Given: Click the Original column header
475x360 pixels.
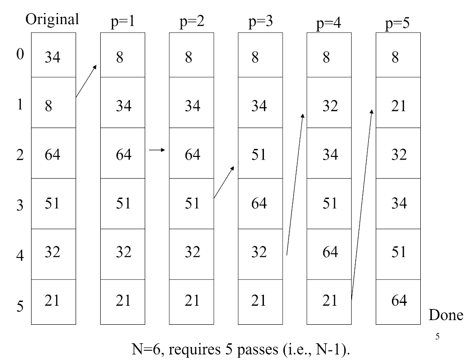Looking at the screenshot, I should (x=52, y=19).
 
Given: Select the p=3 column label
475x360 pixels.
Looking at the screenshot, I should (x=260, y=21).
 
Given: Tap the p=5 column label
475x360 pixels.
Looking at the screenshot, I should (x=398, y=23).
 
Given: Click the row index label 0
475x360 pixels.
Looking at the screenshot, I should (x=19, y=54).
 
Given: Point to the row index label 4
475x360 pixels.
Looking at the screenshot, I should (x=19, y=256).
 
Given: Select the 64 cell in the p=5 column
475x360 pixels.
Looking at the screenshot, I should (x=398, y=301).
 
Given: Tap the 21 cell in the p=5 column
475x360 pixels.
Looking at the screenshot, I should (x=398, y=106).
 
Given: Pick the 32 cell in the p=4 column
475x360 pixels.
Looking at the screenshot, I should (x=330, y=106).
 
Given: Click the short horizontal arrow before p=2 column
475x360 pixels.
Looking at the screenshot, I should (x=157, y=150).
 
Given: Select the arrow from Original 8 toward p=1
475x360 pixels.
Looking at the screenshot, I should (x=86, y=81).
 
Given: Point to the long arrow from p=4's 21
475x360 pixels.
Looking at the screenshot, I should (x=362, y=204).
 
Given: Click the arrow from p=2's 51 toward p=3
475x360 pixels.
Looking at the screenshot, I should (x=224, y=182).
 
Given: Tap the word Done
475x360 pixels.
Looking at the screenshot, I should (x=445, y=315).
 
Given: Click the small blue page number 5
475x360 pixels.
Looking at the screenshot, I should (x=437, y=336).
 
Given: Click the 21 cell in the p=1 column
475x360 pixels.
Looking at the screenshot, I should (x=123, y=301).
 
